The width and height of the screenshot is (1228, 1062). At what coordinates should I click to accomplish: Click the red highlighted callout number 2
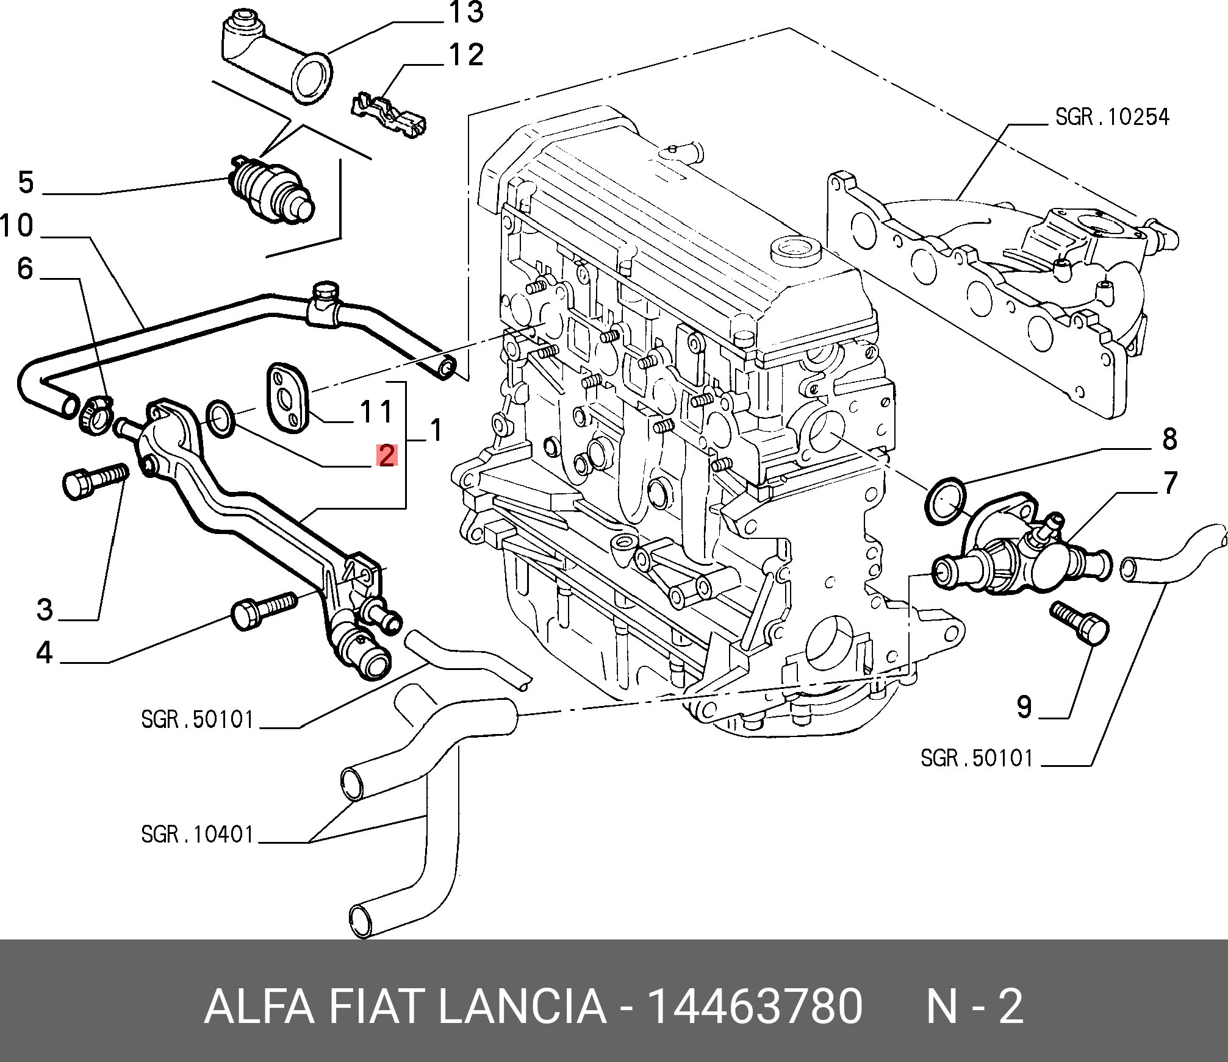[x=387, y=455]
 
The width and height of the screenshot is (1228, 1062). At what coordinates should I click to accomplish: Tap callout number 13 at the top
[x=467, y=13]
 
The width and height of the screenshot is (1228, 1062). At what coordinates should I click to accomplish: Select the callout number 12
[x=467, y=55]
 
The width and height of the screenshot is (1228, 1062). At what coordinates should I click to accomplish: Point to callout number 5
[x=26, y=182]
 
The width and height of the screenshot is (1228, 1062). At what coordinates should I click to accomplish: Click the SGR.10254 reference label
[x=1112, y=117]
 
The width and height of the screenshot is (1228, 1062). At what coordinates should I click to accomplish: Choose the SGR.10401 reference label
[x=196, y=834]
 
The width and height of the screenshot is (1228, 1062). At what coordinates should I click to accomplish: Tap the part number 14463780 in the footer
[x=755, y=1007]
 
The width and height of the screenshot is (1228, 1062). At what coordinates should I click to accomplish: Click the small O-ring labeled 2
[x=222, y=418]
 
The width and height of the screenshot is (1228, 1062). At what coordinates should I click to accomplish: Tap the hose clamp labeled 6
[x=96, y=415]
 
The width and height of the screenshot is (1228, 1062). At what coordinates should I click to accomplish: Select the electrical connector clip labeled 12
[x=389, y=116]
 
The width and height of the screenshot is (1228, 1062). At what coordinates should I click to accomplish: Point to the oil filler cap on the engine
[x=795, y=250]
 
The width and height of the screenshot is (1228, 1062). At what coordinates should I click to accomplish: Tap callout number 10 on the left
[x=17, y=226]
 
